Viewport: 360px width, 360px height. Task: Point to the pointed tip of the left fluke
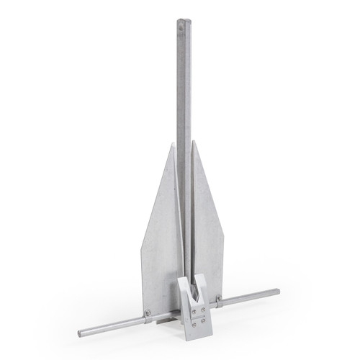pos(172,145)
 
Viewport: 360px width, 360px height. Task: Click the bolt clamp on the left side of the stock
pos(147,314)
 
